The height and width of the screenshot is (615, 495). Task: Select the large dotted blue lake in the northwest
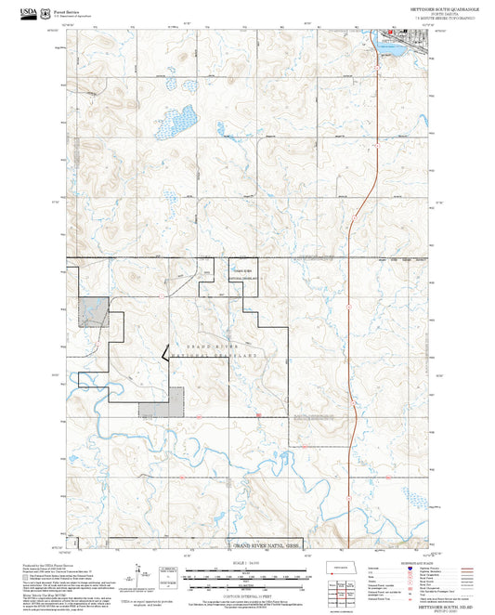click(175, 123)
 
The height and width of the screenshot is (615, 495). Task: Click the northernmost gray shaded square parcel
click(93, 312)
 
